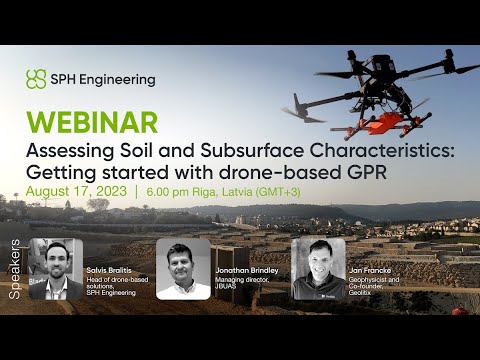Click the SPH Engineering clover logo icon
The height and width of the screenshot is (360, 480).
tap(36, 78)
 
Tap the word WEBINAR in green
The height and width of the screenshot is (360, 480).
tap(92, 122)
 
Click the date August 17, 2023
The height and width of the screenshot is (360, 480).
tap(76, 191)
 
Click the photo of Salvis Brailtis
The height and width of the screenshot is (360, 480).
tap(56, 268)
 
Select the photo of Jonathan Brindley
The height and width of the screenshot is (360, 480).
tap(183, 268)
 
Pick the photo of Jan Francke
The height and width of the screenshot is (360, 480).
tap(318, 268)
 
